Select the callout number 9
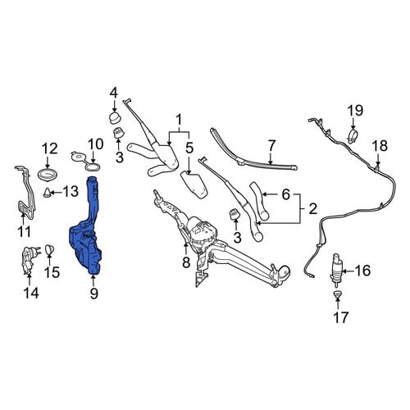(x=93, y=294)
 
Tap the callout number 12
(x=50, y=148)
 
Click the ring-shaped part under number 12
(x=48, y=174)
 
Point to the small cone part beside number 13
(x=48, y=193)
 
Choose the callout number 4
(x=114, y=93)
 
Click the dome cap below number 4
(x=116, y=117)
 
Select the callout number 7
(x=271, y=146)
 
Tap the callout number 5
(x=189, y=148)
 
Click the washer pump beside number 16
(x=336, y=270)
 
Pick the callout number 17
(x=341, y=317)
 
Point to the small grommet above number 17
(x=338, y=294)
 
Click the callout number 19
(x=355, y=111)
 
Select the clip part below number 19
(x=353, y=136)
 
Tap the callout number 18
(x=380, y=146)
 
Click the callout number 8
(x=186, y=262)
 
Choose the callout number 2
(x=312, y=208)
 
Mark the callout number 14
(x=31, y=294)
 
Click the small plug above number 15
(x=49, y=249)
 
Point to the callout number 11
(x=24, y=232)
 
